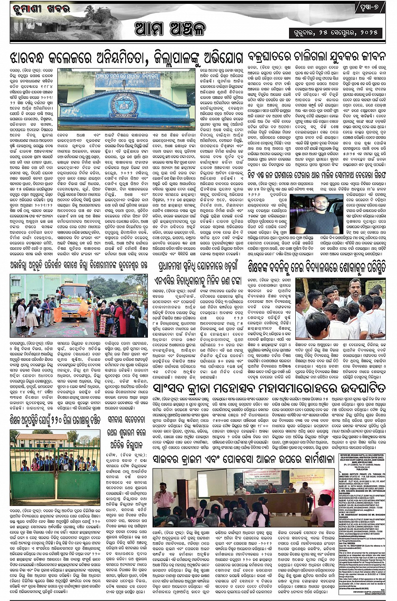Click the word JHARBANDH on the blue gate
(x=126, y=125)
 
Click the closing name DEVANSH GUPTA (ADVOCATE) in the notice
(x=364, y=594)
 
